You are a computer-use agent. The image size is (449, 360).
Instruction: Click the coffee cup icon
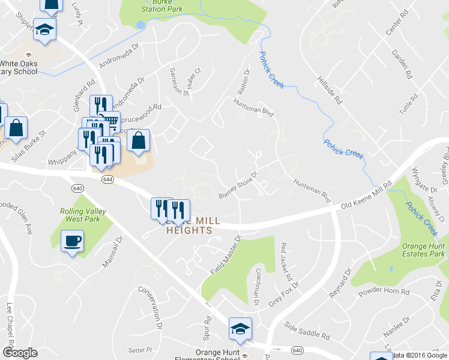pos(73,241)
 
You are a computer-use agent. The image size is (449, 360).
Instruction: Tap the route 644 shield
pos(108,179)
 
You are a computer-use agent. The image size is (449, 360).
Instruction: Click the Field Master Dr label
pos(225,256)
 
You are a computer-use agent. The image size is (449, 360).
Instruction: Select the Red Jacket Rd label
pos(286,262)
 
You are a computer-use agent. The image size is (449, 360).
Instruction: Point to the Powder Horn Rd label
pos(384,292)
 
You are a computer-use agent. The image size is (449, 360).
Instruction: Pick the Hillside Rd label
pos(330,91)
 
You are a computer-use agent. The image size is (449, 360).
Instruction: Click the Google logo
pos(20,353)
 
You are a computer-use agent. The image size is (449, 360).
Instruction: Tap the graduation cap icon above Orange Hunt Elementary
pos(240,329)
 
